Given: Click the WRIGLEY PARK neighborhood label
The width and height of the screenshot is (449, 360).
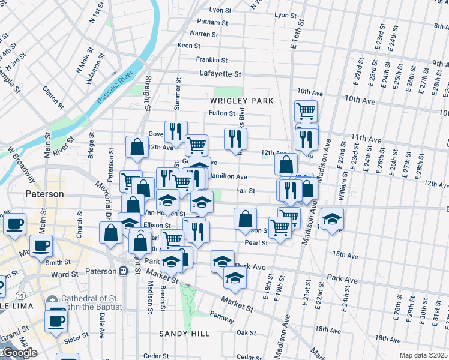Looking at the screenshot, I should click(x=241, y=101).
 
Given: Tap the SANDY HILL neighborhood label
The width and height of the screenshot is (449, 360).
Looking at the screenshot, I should click(x=184, y=333).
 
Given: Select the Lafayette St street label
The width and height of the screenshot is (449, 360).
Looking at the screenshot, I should click(x=220, y=74).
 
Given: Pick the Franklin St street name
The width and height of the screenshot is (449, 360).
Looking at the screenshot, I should click(x=212, y=60).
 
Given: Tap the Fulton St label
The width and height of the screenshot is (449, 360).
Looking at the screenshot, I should click(x=221, y=113).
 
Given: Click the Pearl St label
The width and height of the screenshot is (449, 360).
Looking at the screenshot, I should click(x=256, y=242).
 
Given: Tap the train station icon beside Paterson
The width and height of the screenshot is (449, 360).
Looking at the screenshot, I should click(x=123, y=271).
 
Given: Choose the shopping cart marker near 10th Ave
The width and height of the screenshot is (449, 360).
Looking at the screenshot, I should click(x=306, y=111).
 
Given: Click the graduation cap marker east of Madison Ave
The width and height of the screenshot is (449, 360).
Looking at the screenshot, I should click(x=331, y=219).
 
